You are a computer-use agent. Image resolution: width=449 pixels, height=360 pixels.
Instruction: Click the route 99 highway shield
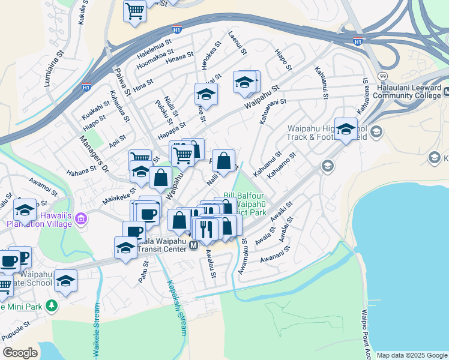(382, 76)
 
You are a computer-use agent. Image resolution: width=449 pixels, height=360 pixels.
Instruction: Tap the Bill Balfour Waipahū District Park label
(244, 203)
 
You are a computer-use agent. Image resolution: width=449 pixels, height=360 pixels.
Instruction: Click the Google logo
(20, 353)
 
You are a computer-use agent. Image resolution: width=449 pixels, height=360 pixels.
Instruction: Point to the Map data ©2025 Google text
(412, 355)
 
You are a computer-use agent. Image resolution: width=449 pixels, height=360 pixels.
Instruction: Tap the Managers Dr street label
(91, 158)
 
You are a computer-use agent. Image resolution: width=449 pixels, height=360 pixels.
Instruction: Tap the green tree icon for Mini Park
(52, 306)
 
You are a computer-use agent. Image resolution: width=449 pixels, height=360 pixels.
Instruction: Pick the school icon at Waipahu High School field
(346, 128)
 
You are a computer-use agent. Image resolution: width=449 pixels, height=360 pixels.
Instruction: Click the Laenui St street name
(238, 43)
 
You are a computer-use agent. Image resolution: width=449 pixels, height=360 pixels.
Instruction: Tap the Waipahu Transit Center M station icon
(194, 245)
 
